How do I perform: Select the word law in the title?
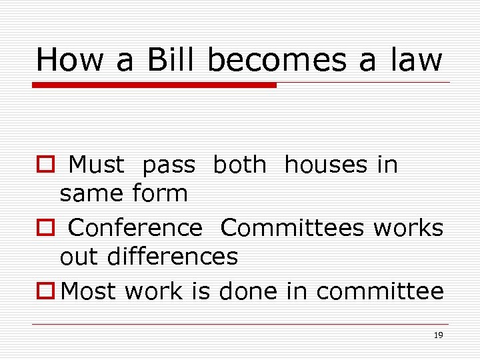[417, 59]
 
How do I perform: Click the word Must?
[96, 165]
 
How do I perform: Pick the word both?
[239, 165]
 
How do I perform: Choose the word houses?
[325, 165]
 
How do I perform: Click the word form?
[160, 193]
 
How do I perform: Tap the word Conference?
[135, 228]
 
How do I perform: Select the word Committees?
[293, 228]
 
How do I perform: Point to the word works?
[408, 228]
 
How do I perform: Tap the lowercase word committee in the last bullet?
[380, 291]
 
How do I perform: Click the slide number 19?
[438, 335]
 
